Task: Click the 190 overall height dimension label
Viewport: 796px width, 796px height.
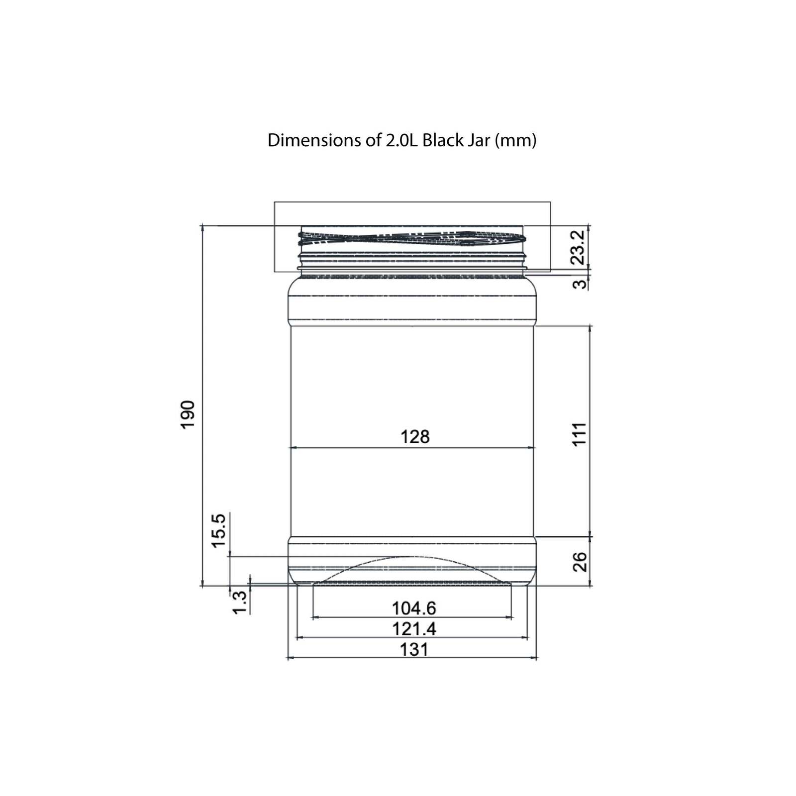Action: coord(187,414)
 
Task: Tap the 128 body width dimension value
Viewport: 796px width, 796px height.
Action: coord(415,437)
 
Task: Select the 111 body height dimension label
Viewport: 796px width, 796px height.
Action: coord(579,434)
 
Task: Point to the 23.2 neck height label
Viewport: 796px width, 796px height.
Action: coord(577,247)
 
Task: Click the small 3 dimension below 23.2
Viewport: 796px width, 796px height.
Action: coord(579,285)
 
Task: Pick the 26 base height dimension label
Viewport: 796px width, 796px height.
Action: coord(580,562)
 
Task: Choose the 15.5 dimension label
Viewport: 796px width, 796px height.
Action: coord(219,531)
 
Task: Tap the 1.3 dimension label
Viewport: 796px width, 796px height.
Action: coord(240,602)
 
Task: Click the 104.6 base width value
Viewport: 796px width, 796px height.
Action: coord(414,608)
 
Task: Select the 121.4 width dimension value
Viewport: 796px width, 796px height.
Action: coord(414,629)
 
